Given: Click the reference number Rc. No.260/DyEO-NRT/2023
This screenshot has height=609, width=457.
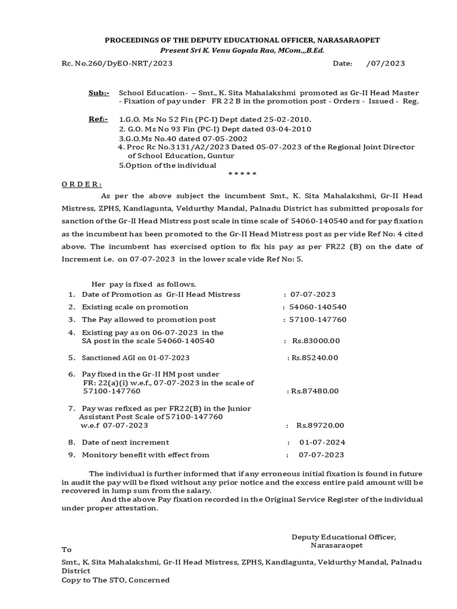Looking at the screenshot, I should pyautogui.click(x=117, y=64).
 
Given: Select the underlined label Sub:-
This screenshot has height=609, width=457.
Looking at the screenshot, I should pyautogui.click(x=99, y=93).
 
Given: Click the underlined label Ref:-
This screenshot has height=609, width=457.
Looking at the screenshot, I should pyautogui.click(x=98, y=120).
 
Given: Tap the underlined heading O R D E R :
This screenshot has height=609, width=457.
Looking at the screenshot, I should pyautogui.click(x=82, y=184).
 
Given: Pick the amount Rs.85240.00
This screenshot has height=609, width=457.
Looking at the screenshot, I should pyautogui.click(x=313, y=357).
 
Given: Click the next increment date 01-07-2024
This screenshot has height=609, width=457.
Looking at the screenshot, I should pyautogui.click(x=322, y=442).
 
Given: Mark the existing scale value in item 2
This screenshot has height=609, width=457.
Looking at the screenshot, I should pyautogui.click(x=318, y=307).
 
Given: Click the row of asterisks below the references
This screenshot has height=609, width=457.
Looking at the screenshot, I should pyautogui.click(x=242, y=174).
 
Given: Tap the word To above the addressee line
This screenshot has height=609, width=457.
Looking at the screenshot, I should pyautogui.click(x=67, y=550).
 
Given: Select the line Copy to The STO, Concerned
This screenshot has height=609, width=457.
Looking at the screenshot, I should pyautogui.click(x=116, y=580).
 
